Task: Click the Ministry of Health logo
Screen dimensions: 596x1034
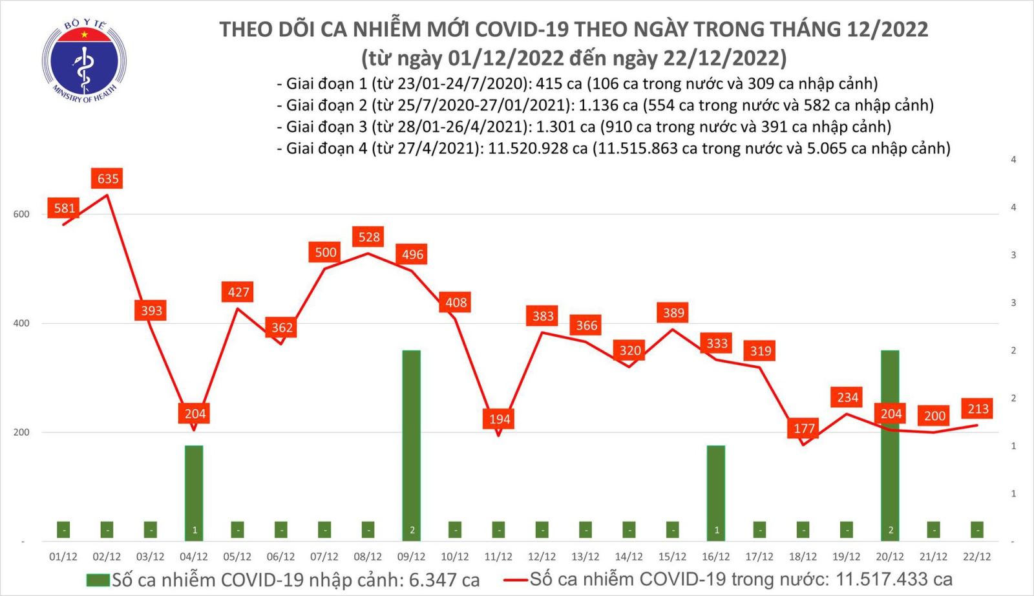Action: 84,60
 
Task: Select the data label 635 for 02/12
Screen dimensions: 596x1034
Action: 108,178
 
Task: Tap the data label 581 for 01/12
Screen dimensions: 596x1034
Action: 65,208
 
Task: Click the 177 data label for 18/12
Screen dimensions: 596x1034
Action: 804,428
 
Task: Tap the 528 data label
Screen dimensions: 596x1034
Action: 369,237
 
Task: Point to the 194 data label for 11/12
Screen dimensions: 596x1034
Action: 500,419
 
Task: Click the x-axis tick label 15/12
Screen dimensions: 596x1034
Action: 672,557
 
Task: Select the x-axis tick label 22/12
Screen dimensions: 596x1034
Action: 976,557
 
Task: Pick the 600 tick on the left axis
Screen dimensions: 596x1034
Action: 21,215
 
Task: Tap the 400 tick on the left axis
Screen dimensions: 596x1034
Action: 21,323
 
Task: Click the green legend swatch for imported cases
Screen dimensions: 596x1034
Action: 98,580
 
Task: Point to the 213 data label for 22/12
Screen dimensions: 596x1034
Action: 978,409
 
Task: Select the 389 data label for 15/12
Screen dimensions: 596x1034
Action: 673,313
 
